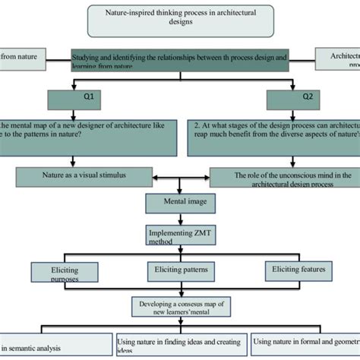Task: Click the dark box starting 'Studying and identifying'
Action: point(179,60)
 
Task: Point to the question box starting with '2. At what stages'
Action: point(273,134)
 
